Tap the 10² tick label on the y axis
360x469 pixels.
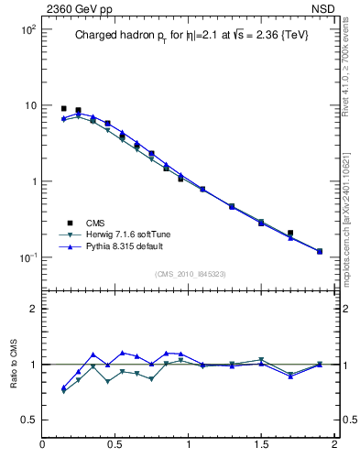coord(27,30)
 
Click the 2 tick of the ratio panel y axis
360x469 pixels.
coord(33,309)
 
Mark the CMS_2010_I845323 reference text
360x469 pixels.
coord(191,274)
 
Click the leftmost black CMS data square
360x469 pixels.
coord(63,109)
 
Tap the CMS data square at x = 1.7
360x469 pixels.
coord(290,234)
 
